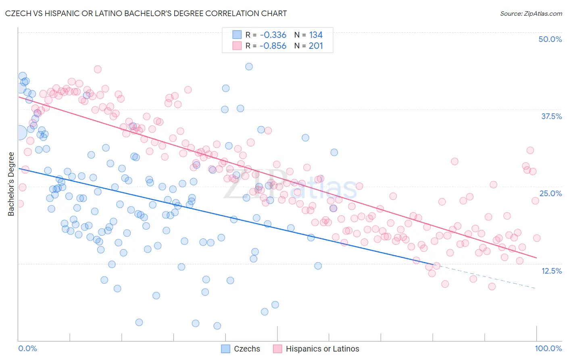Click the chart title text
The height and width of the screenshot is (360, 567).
point(146,13)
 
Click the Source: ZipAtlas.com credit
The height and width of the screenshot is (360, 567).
point(531,13)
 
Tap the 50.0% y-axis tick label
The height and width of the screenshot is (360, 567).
point(550,39)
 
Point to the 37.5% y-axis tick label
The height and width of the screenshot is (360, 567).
point(551,116)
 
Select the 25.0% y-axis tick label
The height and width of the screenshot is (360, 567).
point(550,193)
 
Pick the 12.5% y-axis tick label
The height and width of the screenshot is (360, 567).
point(551,271)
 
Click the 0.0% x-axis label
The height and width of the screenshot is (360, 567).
point(28,348)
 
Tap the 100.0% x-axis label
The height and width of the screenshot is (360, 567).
point(548,348)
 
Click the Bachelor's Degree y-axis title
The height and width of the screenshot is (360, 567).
point(11,184)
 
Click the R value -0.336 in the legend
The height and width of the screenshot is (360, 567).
point(273,35)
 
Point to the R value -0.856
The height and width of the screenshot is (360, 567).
point(273,46)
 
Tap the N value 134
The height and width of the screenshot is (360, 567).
point(316,35)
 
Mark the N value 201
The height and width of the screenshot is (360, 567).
point(316,46)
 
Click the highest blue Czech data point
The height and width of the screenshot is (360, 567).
point(249,67)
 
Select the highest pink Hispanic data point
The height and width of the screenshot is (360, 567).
point(97,69)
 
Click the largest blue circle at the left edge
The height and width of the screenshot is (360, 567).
point(19,132)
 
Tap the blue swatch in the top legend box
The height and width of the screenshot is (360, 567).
point(237,35)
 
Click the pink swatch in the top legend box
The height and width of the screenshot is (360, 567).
point(237,46)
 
